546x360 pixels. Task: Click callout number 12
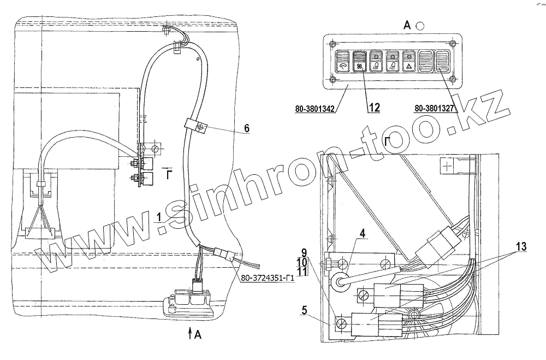[373, 108]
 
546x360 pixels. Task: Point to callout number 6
[246, 128]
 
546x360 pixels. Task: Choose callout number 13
[520, 247]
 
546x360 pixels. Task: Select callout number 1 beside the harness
[158, 217]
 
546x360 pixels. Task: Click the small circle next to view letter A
[420, 25]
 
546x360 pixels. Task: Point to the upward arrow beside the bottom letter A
[189, 333]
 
